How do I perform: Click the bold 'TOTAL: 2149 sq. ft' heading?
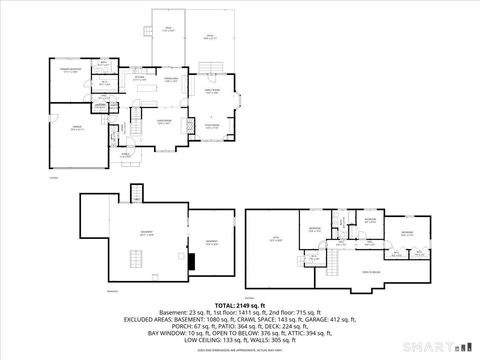point(240,305)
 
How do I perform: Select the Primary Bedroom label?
point(70,71)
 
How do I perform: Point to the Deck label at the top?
point(168,29)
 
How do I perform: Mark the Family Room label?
point(213,93)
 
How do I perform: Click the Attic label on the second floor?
point(276,239)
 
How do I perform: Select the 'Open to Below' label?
point(370,271)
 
